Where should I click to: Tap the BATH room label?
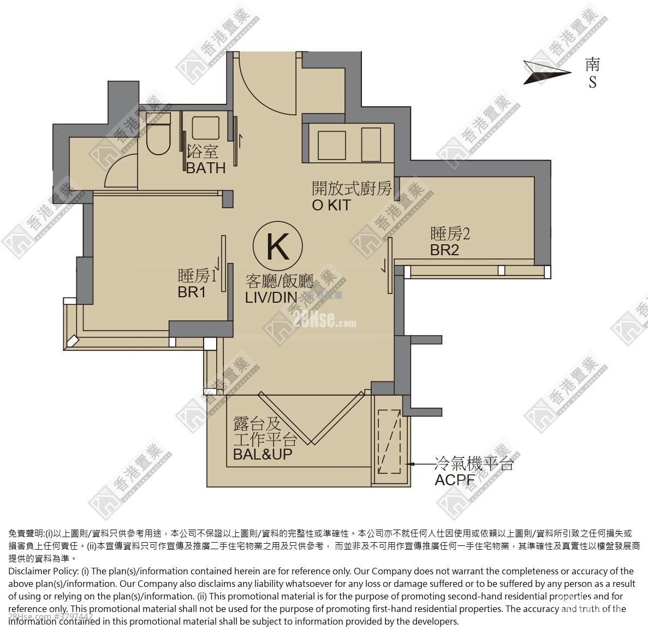tap(206, 168)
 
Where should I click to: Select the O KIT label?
tap(331, 205)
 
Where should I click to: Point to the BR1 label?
tap(192, 292)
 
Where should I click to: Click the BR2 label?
tap(444, 250)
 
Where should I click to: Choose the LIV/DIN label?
tap(271, 297)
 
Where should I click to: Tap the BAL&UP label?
tap(262, 454)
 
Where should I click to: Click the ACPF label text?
tap(454, 480)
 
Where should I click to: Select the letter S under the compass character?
tap(592, 83)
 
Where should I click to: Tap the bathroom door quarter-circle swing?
tap(120, 169)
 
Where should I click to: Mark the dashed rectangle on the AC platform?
tap(390, 442)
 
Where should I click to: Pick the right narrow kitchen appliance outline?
tap(371, 145)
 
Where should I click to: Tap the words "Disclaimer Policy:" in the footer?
tap(43, 571)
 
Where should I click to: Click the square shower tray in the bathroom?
tap(205, 130)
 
